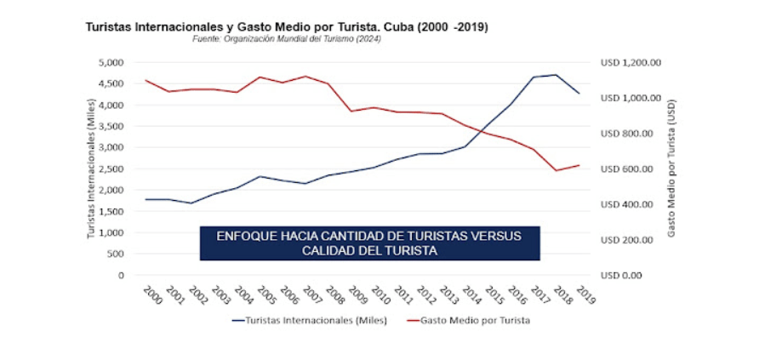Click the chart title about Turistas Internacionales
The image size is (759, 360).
click(x=287, y=27)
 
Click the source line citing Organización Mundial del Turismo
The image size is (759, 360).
click(x=286, y=39)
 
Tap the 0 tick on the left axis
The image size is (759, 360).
click(x=121, y=275)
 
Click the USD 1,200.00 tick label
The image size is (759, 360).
click(x=631, y=62)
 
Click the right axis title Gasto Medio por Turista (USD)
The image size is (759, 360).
click(x=671, y=169)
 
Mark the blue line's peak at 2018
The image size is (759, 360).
click(x=556, y=75)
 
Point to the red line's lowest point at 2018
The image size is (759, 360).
click(x=556, y=170)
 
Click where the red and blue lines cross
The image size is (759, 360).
click(x=482, y=130)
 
